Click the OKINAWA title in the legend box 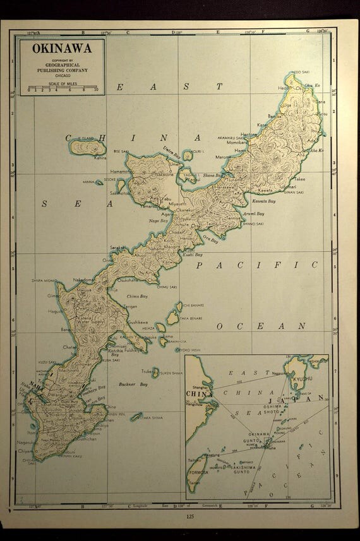click(62, 49)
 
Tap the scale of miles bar click(63, 88)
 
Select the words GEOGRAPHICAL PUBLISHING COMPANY click(62, 68)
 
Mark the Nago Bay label click(157, 221)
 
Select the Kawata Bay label click(264, 200)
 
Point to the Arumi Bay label click(254, 214)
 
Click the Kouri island click(188, 155)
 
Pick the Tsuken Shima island click(155, 373)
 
